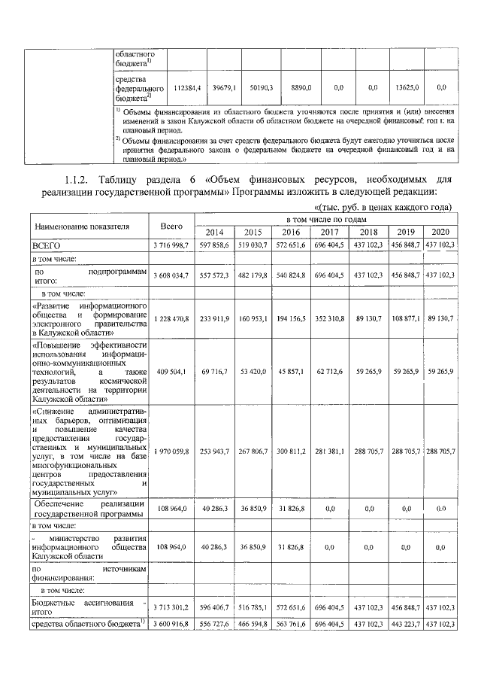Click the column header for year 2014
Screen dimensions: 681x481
(213, 232)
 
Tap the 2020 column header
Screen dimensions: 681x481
(441, 232)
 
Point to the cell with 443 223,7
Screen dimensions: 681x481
(405, 624)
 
